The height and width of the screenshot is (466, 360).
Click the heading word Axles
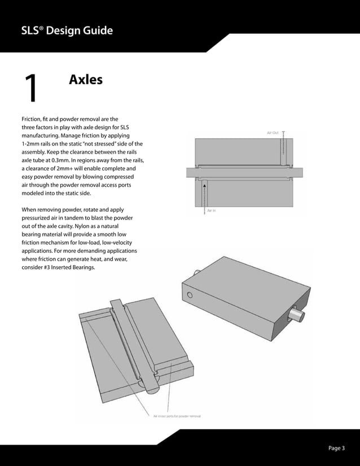click(x=85, y=80)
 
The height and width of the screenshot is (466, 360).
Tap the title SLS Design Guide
click(x=67, y=30)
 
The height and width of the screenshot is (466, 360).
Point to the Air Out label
click(x=272, y=133)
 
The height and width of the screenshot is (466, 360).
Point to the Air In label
click(x=212, y=210)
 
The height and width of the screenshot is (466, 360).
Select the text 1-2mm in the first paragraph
click(x=31, y=144)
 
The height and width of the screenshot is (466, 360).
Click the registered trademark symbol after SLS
click(x=41, y=27)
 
